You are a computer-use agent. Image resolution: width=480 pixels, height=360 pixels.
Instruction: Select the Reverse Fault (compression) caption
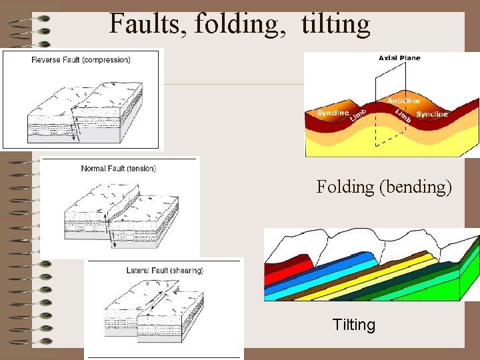pos(81,60)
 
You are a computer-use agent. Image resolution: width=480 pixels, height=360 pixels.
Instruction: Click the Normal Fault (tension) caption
pos(119,169)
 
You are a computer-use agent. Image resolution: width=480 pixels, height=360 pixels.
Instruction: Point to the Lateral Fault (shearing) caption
pos(165,271)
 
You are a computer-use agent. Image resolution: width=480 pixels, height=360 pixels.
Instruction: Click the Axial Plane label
pos(399,58)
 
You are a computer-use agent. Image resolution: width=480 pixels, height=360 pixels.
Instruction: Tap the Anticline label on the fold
pos(404,101)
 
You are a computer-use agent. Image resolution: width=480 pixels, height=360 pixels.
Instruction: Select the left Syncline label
pos(333,113)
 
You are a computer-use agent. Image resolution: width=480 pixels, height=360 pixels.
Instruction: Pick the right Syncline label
pos(432,114)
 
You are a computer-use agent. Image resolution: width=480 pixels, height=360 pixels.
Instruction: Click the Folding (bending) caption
pos(384,187)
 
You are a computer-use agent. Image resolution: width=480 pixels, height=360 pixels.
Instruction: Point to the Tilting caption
pos(353,325)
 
